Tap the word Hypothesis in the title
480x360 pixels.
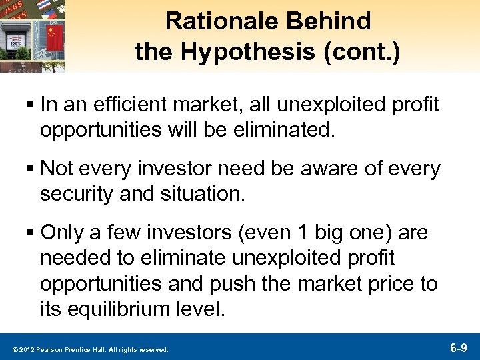tap(252, 52)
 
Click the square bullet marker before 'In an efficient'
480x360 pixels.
tap(31, 105)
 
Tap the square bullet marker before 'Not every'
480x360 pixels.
tap(31, 170)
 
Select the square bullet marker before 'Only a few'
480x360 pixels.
tap(31, 234)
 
